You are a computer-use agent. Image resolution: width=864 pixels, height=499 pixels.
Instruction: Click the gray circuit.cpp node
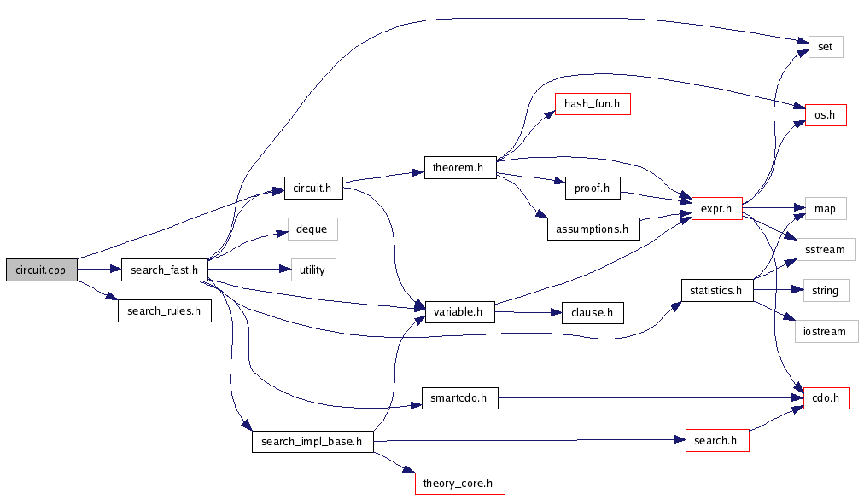pos(41,270)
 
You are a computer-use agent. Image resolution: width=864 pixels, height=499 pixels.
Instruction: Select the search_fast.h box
pos(165,270)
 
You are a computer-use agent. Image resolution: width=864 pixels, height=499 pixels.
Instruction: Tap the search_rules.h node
pos(164,310)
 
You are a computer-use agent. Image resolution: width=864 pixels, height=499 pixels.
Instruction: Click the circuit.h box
pos(313,188)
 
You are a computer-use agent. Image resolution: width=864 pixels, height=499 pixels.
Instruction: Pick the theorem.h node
pos(459,168)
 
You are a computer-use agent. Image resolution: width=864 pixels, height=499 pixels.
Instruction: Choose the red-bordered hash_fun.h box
pos(592,104)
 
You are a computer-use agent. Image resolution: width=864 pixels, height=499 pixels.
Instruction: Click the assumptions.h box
pos(593,229)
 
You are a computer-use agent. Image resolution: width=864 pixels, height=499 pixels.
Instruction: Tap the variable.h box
pos(459,312)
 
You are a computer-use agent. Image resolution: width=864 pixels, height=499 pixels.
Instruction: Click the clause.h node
pos(592,312)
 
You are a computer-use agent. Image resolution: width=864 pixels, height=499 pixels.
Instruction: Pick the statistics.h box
pos(715,290)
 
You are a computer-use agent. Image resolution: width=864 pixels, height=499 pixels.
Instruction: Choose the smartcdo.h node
pos(459,397)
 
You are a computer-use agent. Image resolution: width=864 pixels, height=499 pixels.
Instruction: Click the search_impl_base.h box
pos(312,442)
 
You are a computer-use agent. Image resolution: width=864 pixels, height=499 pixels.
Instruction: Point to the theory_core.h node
pos(459,483)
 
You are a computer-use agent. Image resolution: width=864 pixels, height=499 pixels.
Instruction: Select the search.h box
pos(716,441)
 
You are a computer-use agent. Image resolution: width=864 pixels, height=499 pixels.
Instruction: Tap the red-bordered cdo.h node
pos(826,397)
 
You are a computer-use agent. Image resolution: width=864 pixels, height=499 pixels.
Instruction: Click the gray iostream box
pos(826,332)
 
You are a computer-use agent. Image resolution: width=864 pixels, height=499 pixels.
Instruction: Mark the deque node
pos(312,229)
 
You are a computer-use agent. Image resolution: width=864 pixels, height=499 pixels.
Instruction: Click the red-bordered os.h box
pos(825,114)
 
